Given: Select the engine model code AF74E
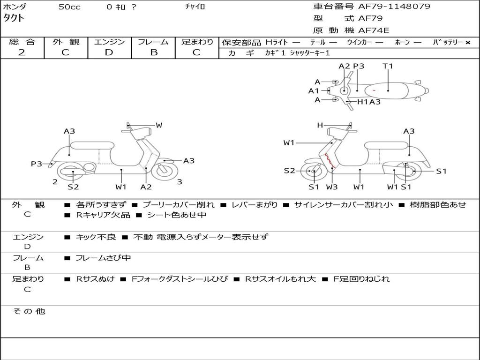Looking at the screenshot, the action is click(374, 30).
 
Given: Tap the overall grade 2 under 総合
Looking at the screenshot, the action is click(22, 52).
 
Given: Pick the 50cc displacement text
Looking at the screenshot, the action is click(69, 7).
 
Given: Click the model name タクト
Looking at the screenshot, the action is click(14, 18).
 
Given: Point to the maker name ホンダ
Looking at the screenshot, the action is click(15, 7).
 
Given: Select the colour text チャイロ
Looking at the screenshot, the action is click(195, 7).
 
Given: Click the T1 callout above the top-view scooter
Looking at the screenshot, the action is click(388, 66).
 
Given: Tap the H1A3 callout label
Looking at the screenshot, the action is click(369, 102).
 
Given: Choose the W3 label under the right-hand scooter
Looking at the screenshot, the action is click(332, 187).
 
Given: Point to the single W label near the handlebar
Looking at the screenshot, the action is click(159, 125).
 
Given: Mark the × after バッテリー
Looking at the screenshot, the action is click(467, 43).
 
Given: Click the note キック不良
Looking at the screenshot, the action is click(96, 237).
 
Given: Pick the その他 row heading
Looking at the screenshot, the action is click(29, 311).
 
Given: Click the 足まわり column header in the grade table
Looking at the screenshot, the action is click(197, 42).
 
